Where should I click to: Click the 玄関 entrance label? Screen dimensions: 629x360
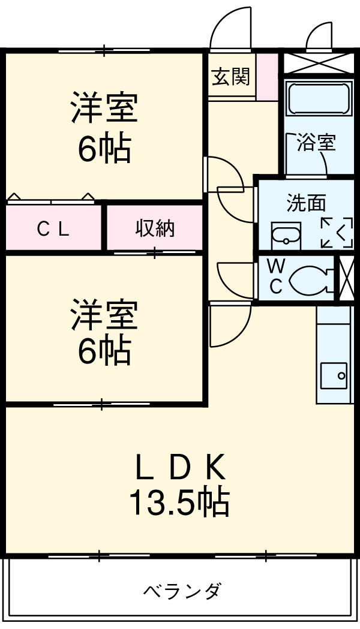point(231,77)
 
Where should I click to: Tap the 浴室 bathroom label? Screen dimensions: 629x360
point(316,143)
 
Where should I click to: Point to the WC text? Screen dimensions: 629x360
point(275,275)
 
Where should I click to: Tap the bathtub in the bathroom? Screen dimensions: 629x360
point(318,98)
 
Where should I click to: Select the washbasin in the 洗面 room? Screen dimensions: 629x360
point(286,234)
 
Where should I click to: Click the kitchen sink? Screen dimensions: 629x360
point(333,375)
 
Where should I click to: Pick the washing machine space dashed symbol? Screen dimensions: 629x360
point(336,232)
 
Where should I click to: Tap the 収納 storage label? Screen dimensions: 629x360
point(154,228)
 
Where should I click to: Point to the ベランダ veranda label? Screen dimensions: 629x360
point(182,591)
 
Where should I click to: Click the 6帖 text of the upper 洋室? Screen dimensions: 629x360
point(104,149)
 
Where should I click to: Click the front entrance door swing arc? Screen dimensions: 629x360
point(230,27)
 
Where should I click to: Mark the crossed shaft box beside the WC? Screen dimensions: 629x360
point(347,278)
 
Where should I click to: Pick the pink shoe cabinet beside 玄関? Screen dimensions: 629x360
point(269,77)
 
